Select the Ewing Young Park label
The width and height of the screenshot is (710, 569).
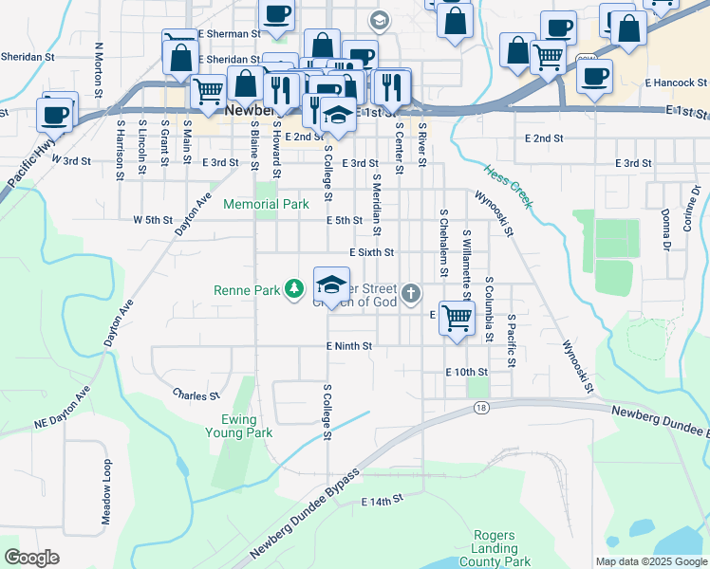pos(239,426)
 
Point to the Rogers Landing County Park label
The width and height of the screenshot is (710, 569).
pos(496,548)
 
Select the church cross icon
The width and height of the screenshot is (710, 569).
pos(410,293)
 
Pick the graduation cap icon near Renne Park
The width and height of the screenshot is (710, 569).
pos(331,284)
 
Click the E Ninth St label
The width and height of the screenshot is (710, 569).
pos(348,347)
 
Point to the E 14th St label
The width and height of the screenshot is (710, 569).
pos(383,498)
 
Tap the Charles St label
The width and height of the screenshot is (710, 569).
pos(196,394)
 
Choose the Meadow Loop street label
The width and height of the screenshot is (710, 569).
pos(106,492)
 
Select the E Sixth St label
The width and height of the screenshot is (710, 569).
pos(371,253)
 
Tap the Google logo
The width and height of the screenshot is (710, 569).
pos(31,557)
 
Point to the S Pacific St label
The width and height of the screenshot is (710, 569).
pos(511,341)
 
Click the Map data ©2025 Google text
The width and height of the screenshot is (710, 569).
pos(651,561)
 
